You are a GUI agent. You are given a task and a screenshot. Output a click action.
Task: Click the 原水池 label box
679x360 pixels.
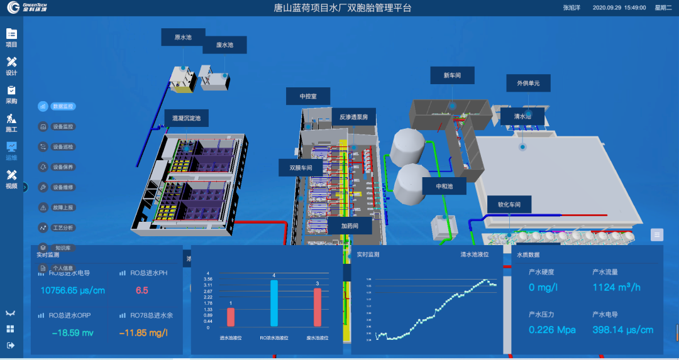183,38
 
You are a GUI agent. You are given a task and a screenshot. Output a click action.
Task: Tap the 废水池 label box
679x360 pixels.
224,45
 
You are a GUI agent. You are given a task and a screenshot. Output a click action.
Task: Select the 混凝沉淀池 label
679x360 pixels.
186,117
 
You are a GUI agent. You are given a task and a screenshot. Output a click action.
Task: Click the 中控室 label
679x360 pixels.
307,96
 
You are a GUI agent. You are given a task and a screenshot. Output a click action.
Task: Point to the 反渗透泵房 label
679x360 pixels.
358,117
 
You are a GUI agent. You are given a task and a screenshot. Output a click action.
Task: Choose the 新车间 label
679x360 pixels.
452,75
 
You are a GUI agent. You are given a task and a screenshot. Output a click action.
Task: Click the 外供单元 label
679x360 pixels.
528,83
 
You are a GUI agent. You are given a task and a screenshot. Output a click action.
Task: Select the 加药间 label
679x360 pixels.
350,226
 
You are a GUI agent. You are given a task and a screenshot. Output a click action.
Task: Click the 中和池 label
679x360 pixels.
444,187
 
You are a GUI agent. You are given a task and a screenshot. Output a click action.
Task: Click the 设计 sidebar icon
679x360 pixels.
11,65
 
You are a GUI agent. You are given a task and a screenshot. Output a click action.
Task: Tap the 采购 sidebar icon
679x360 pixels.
11,94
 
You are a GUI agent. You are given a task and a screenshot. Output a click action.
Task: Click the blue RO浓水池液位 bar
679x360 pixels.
274,303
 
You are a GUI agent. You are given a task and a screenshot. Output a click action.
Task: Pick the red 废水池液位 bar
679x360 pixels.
317,307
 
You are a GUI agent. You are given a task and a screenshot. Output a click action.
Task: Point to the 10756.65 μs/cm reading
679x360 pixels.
72,291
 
